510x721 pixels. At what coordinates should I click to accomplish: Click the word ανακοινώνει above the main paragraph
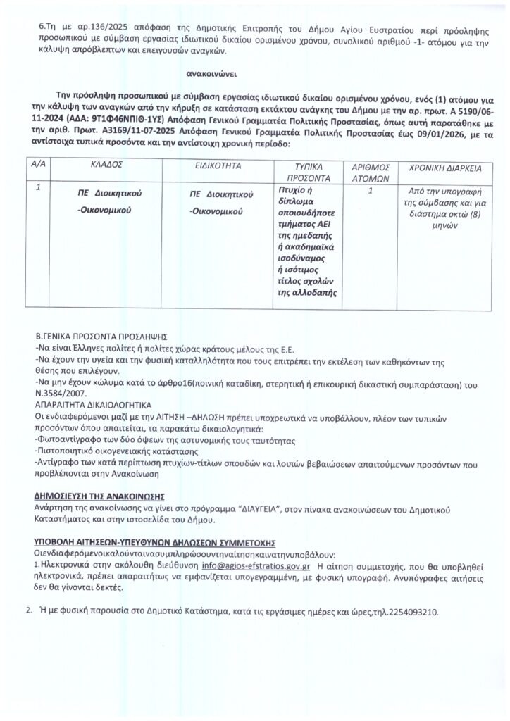[x=211, y=73]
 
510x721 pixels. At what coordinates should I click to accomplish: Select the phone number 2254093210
[x=413, y=612]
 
